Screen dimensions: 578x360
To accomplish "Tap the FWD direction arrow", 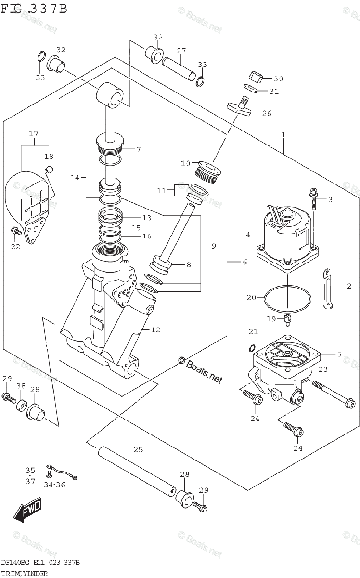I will [x=28, y=509].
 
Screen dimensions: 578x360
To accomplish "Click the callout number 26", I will [x=267, y=113].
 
